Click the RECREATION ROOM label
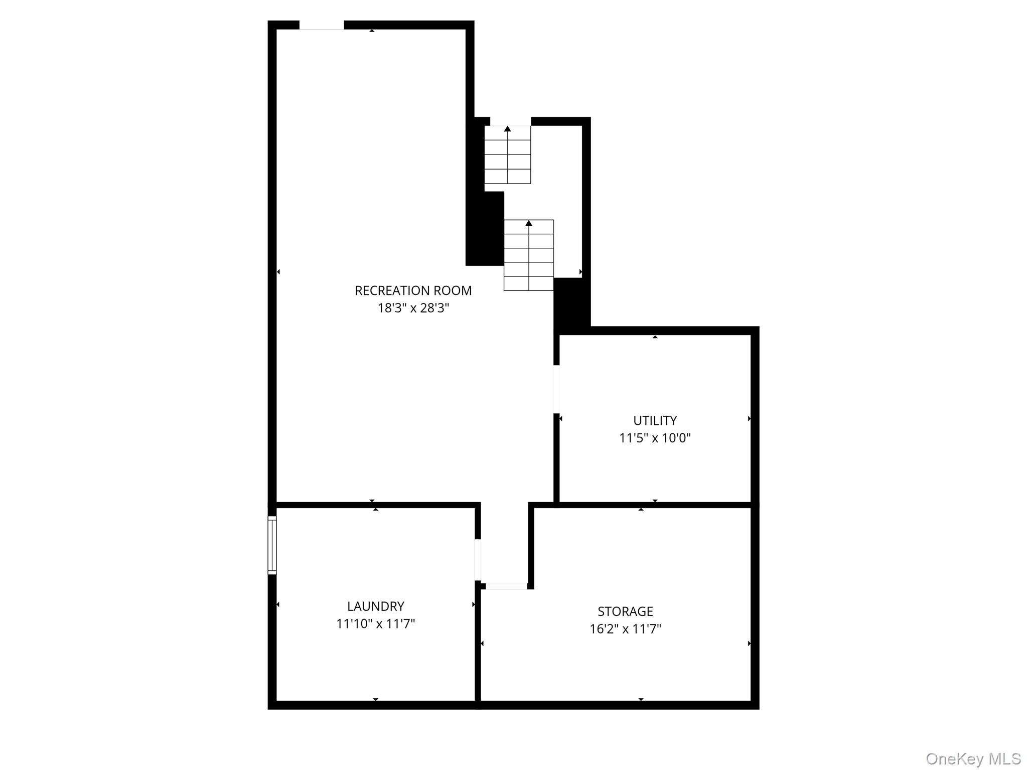(x=413, y=290)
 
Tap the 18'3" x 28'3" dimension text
(x=413, y=308)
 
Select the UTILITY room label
(x=655, y=420)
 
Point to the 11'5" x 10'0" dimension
(x=655, y=438)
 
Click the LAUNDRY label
(x=375, y=606)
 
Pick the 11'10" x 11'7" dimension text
(x=375, y=624)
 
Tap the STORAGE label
(x=625, y=611)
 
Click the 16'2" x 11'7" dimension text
(x=625, y=629)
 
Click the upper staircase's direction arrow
(x=507, y=129)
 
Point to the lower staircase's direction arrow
(x=528, y=223)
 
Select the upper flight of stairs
(x=507, y=156)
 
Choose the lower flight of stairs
(x=528, y=256)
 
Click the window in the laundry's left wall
(x=272, y=545)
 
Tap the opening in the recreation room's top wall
(x=322, y=25)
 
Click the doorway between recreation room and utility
(x=556, y=389)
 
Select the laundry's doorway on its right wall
(x=478, y=560)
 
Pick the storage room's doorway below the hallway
(x=506, y=586)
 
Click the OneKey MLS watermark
(x=973, y=758)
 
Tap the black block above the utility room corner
(x=571, y=305)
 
